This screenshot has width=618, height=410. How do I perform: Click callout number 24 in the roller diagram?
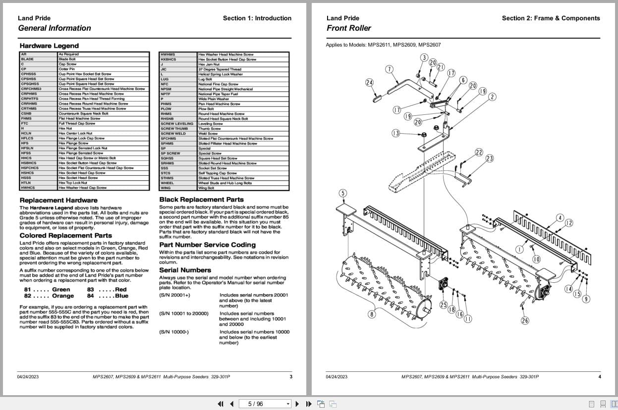369,82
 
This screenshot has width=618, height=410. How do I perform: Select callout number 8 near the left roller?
371,314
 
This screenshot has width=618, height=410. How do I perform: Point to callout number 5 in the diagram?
343,193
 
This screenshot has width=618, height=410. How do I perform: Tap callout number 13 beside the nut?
395,133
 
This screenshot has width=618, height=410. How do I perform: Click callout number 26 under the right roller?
525,320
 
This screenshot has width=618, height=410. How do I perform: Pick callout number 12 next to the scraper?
569,223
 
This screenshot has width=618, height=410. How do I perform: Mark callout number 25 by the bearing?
443,305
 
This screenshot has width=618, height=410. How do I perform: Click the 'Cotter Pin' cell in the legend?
66,69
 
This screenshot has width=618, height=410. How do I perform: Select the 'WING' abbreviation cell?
165,188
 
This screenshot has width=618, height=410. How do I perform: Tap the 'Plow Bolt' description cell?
205,109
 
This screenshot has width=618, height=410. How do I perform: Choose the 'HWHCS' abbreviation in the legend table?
28,188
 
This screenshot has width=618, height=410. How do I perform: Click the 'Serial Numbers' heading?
185,270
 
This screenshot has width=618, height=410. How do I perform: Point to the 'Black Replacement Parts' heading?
201,200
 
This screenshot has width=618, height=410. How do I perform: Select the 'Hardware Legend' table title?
49,46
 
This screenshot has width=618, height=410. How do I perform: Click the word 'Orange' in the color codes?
63,296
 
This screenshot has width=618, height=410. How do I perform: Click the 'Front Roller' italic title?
348,28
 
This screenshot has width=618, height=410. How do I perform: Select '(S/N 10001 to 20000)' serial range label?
183,313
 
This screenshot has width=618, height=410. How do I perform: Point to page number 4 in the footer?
599,377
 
